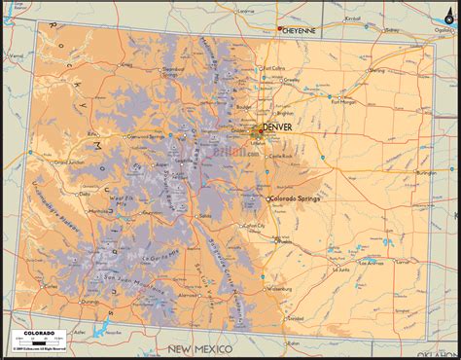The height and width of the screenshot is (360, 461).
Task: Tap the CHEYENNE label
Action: (x=300, y=30)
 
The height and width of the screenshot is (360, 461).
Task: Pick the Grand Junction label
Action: (x=71, y=162)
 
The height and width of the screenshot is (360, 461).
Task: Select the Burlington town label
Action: (x=425, y=172)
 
